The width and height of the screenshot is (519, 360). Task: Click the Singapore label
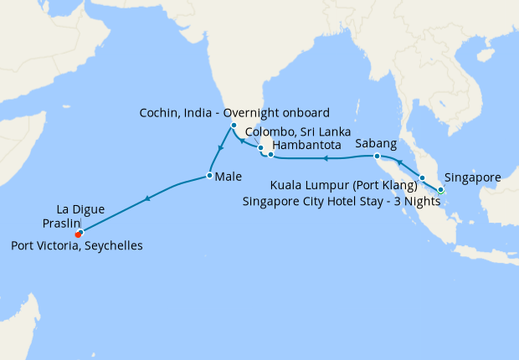click(x=473, y=177)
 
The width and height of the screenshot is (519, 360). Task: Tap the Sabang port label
click(x=376, y=144)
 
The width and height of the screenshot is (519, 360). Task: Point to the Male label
click(x=229, y=177)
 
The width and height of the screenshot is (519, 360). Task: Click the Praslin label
click(x=61, y=224)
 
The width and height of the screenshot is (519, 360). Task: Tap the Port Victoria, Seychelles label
click(x=77, y=246)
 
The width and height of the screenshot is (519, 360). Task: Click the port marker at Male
click(x=208, y=176)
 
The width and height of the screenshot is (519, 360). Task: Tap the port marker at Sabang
click(x=377, y=157)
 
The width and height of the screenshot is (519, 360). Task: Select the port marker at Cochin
click(x=234, y=126)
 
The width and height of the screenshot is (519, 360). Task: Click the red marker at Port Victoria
click(x=78, y=234)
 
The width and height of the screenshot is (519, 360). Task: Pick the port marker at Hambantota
click(x=270, y=154)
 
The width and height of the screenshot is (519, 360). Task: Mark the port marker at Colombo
click(x=260, y=148)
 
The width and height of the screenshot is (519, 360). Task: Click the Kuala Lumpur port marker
click(x=423, y=178)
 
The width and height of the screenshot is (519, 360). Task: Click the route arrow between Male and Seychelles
click(x=147, y=198)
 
